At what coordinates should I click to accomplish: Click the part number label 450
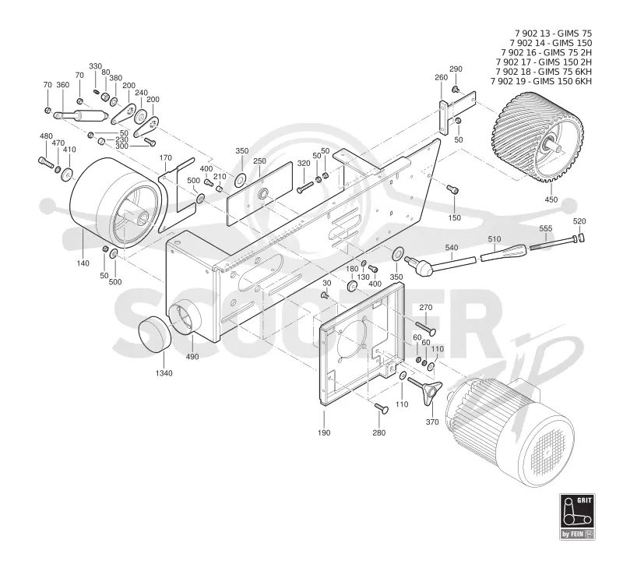coord(551,199)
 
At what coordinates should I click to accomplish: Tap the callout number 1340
coord(164,373)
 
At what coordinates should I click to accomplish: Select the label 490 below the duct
coord(192,357)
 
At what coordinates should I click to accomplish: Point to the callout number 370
coord(432,422)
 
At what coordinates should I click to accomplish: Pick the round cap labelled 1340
coord(154,334)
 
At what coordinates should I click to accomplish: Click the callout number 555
coord(546,228)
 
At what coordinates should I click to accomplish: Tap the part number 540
coord(452,248)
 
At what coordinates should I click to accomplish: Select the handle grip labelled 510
coord(503,252)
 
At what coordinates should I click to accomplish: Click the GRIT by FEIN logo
coord(577,516)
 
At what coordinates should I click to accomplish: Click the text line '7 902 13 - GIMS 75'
coord(553,34)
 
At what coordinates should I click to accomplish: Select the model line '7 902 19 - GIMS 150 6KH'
coord(541,81)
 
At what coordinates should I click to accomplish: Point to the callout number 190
coord(324,433)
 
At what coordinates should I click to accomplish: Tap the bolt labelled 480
coord(47,162)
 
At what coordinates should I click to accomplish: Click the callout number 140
coord(83,263)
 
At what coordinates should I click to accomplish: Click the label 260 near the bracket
coord(441,77)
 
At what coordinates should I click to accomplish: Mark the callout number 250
coord(259,161)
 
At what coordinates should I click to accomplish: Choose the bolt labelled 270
coord(425,328)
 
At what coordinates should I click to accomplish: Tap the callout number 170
coord(165,158)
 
